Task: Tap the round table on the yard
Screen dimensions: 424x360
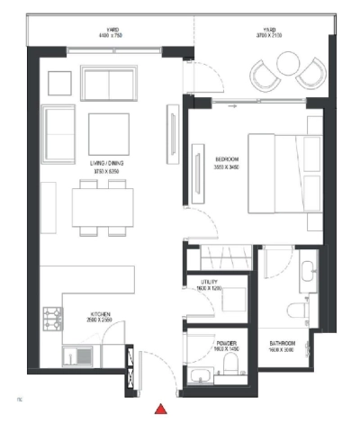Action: click(287, 63)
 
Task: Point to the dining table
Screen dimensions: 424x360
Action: click(103, 207)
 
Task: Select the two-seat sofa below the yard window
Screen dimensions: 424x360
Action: click(109, 83)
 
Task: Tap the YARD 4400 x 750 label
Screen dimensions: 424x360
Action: click(112, 32)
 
